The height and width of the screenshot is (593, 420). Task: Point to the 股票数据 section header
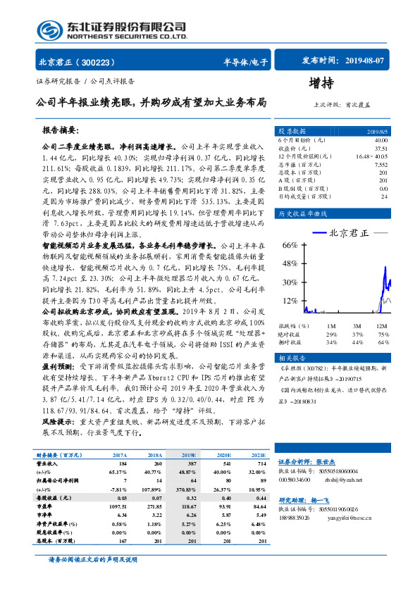(x=291, y=131)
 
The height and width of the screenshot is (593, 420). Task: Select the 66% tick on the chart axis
(x=290, y=244)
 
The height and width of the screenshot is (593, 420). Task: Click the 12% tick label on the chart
(x=290, y=301)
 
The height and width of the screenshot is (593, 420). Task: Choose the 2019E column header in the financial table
(x=189, y=456)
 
